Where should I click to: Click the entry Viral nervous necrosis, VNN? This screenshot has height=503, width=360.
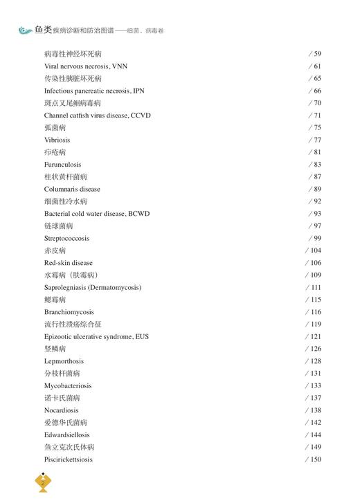click(x=86, y=66)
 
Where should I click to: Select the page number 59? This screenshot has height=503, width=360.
click(x=317, y=54)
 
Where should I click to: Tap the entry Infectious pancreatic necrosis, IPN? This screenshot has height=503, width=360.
click(x=94, y=91)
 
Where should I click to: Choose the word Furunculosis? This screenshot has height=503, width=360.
click(x=62, y=165)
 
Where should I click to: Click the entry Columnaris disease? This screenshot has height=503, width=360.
click(x=72, y=189)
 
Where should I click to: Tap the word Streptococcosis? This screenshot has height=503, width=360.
click(x=66, y=238)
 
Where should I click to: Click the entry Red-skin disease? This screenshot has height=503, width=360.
click(x=69, y=263)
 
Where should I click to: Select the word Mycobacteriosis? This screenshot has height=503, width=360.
click(x=68, y=385)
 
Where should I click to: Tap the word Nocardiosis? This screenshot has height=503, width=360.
click(x=61, y=410)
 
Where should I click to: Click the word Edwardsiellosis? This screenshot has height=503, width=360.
click(x=67, y=435)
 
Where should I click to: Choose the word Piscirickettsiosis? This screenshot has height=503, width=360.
click(x=69, y=459)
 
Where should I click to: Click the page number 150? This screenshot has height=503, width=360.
click(x=315, y=459)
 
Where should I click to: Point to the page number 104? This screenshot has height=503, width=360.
click(x=315, y=250)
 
